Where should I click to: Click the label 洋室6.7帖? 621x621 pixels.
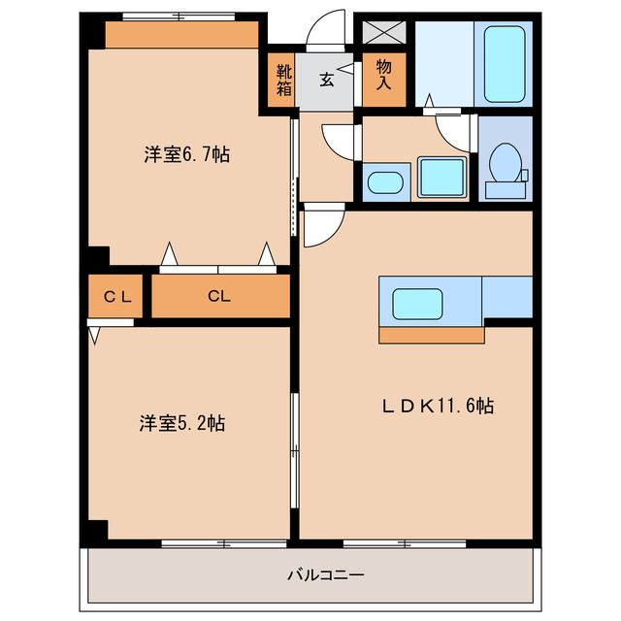tap(187, 153)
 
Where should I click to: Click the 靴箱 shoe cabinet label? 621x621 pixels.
tap(282, 81)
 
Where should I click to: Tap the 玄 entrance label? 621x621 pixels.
tap(327, 80)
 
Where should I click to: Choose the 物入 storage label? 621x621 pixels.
tap(383, 75)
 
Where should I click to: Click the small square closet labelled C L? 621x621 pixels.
tap(117, 298)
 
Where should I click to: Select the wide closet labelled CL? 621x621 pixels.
tap(219, 298)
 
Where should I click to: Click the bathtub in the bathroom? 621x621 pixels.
tap(505, 63)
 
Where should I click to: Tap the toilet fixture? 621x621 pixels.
tap(504, 164)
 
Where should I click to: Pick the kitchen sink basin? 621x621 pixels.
tap(417, 304)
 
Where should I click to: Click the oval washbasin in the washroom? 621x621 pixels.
tap(384, 182)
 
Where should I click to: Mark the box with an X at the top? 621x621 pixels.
tap(384, 30)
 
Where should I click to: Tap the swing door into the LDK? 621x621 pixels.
tap(322, 227)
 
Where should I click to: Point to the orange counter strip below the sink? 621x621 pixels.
tap(431, 335)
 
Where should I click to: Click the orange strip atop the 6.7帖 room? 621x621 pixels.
tap(181, 35)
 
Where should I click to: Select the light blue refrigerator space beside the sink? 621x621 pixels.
tap(507, 297)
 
